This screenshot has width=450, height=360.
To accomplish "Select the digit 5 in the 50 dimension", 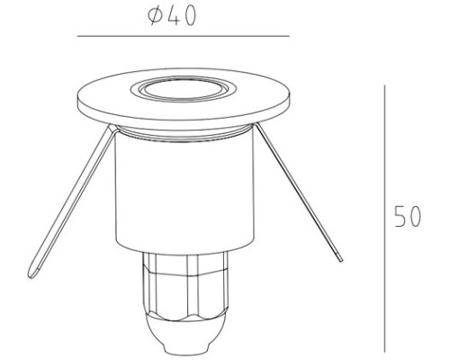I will (401, 218).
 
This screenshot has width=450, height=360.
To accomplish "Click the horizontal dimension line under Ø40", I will (184, 37).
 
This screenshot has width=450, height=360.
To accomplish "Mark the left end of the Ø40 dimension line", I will (78, 37).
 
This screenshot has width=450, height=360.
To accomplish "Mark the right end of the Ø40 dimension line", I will (289, 37).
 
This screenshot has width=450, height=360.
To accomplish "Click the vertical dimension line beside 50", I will (384, 216).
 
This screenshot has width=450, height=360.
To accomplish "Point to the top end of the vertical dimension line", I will (384, 87).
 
